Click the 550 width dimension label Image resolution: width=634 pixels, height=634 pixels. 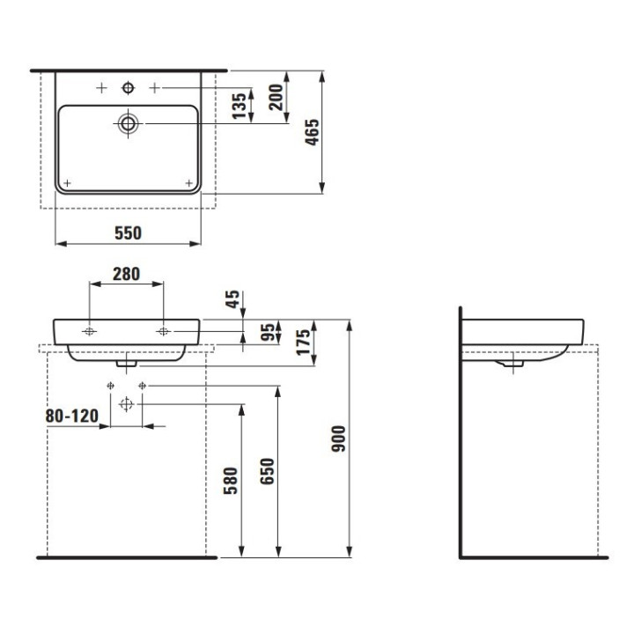(x=128, y=232)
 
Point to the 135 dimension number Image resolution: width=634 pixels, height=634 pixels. (x=238, y=106)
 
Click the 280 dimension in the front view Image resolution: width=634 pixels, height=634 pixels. (x=127, y=274)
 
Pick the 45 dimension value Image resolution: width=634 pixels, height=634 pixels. (x=232, y=299)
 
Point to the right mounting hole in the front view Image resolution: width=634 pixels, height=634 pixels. (x=164, y=331)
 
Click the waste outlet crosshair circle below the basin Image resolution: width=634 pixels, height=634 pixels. (x=125, y=402)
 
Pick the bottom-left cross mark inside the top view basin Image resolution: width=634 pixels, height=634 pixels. (x=68, y=182)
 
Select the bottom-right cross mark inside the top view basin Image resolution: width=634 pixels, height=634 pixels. (x=189, y=182)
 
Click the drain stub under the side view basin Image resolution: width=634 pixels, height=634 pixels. (x=510, y=361)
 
